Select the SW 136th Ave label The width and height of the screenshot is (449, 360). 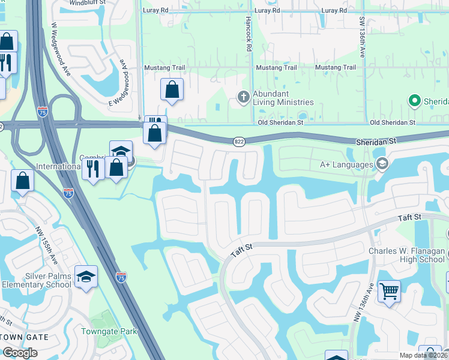(363, 37)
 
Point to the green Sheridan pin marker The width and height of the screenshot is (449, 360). (414, 100)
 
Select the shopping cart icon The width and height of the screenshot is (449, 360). (390, 292)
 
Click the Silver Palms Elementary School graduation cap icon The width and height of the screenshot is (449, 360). (86, 276)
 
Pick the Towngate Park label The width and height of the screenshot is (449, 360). (109, 331)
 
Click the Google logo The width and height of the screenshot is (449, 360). (20, 353)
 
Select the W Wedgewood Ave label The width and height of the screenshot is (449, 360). (61, 49)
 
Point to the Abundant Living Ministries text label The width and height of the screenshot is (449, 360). (270, 98)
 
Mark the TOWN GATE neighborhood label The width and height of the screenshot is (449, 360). (23, 337)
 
